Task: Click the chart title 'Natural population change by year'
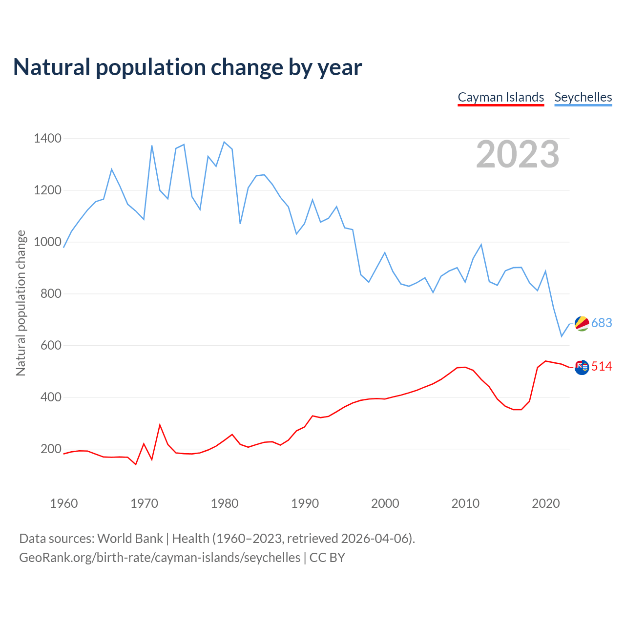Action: tap(187, 67)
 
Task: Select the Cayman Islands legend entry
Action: tap(500, 97)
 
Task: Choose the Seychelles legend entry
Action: tap(583, 97)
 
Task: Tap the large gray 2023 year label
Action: tap(518, 154)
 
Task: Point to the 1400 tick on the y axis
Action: tap(47, 139)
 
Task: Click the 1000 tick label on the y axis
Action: tap(47, 242)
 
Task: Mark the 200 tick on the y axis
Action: tap(51, 449)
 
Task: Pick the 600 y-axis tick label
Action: tap(51, 346)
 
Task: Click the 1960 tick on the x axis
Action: tap(64, 503)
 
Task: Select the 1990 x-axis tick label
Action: tap(305, 503)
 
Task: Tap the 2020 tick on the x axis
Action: tap(545, 503)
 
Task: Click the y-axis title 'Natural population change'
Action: tap(21, 303)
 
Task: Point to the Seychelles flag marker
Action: tap(582, 323)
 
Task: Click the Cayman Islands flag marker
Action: tap(582, 367)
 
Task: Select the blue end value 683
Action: tap(602, 323)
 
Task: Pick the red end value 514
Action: tap(602, 367)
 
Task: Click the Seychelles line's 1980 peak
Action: tap(224, 142)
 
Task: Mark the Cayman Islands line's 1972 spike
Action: tap(160, 425)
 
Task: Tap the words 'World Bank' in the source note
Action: tap(130, 539)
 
